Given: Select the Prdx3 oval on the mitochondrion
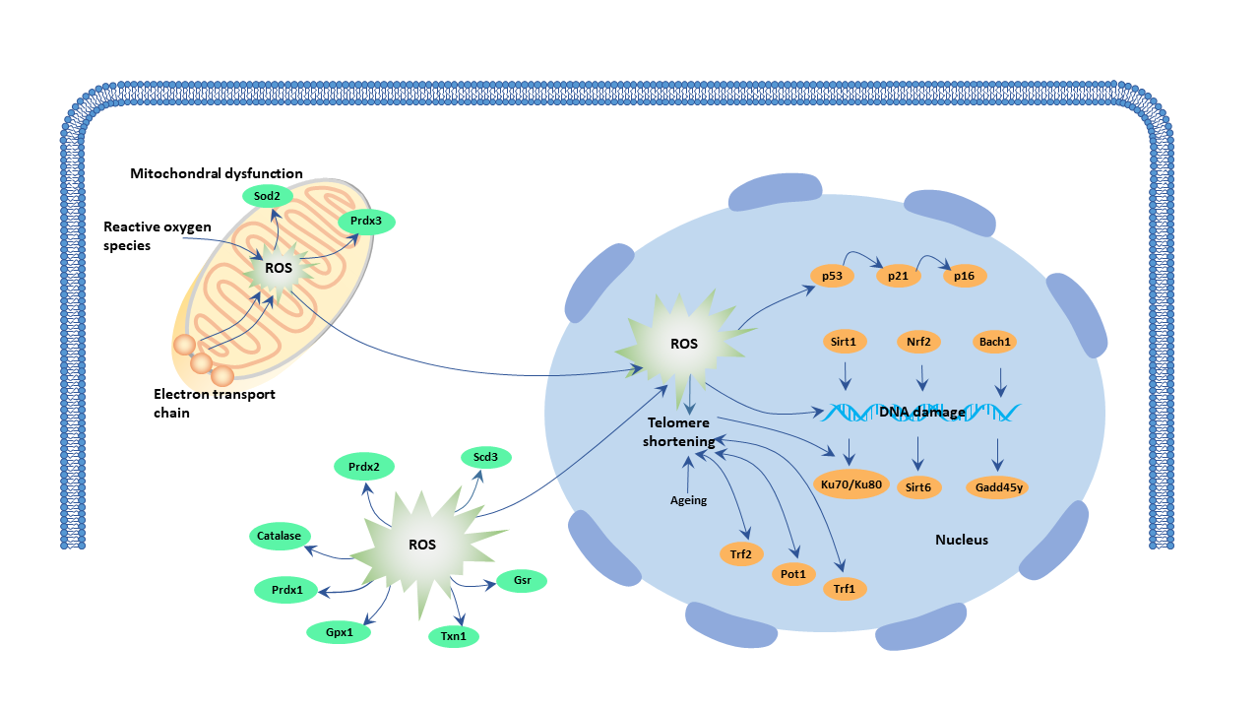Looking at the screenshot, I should coord(365,223).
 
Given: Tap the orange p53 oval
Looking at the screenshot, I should coord(832,276).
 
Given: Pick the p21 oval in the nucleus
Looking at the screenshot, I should coord(898,276).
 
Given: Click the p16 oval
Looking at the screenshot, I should coord(965,276).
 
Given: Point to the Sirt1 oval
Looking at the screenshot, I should coord(843,342).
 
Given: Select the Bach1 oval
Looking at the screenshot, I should coord(996,342).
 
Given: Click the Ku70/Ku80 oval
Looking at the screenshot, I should coord(849,484).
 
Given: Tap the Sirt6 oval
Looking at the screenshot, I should coord(917,486).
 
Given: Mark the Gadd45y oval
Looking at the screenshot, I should coord(998,486).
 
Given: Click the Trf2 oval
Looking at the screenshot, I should coord(741,554).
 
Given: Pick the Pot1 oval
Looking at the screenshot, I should coord(793,573).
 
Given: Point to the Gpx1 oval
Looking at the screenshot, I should coord(339,632).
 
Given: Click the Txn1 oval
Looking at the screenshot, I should coord(454,636).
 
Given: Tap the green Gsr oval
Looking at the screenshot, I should coord(522,581).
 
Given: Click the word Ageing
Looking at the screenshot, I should coord(688,500).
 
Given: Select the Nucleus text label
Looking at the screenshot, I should coord(961,540).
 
